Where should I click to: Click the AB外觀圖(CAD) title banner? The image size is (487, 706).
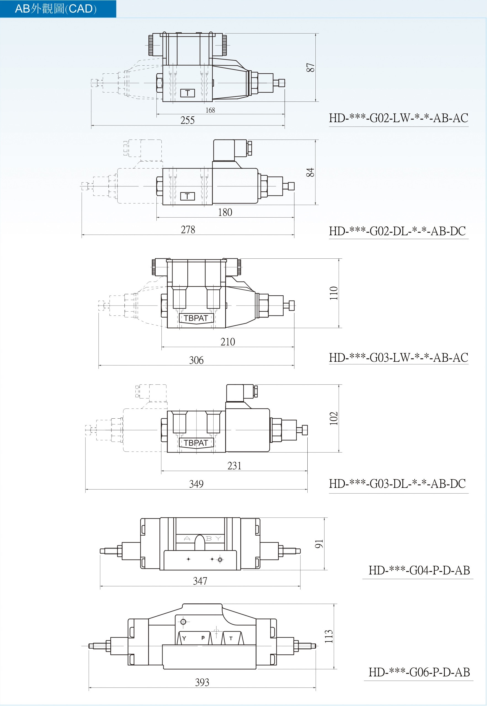pyautogui.click(x=58, y=9)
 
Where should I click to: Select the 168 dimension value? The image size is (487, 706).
pyautogui.click(x=210, y=110)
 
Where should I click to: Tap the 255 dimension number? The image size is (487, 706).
pyautogui.click(x=187, y=120)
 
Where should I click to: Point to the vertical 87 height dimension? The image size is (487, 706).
pyautogui.click(x=310, y=67)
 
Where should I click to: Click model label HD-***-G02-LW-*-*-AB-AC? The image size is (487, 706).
pyautogui.click(x=398, y=118)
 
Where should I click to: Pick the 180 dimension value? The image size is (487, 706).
pyautogui.click(x=225, y=212)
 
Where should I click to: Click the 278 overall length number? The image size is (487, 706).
pyautogui.click(x=188, y=230)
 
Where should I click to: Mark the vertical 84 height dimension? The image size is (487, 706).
pyautogui.click(x=310, y=172)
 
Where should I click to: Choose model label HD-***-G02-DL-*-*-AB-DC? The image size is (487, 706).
pyautogui.click(x=397, y=231)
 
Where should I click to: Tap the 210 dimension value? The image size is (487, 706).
pyautogui.click(x=228, y=342)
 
